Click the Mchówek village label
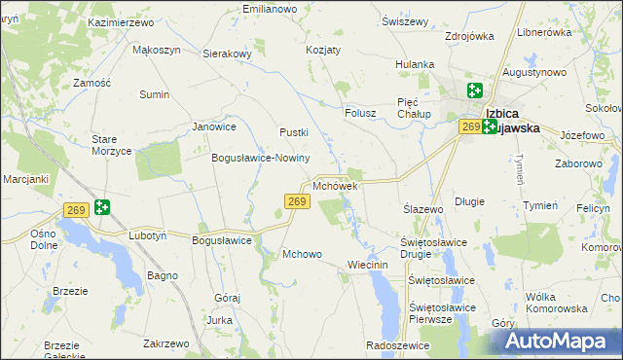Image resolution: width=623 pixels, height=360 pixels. click(336, 185)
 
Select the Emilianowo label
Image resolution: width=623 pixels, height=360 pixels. click(269, 9)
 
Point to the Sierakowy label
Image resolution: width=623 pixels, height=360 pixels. click(227, 54)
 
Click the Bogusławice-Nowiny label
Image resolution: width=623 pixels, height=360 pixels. click(260, 158)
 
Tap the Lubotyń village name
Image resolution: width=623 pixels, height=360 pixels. click(148, 235)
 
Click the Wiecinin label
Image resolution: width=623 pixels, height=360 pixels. click(368, 265)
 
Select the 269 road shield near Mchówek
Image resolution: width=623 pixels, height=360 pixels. click(298, 201)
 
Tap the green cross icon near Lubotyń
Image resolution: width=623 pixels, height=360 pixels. click(101, 207)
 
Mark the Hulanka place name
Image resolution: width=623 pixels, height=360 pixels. click(414, 64)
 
